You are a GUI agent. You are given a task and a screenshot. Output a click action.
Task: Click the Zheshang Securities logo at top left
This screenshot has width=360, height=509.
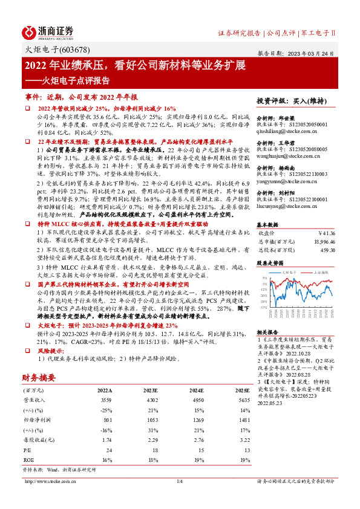point(49,31)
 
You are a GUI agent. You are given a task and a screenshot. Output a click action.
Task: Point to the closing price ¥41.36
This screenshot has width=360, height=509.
point(327,232)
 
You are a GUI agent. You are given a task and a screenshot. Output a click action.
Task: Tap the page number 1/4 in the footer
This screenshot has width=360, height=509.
point(179,481)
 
